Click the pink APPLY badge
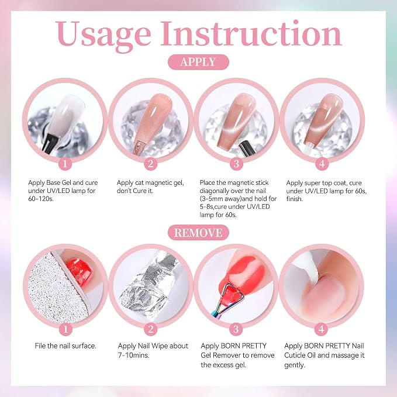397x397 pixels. tap(198, 62)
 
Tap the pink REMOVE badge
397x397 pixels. tap(198, 233)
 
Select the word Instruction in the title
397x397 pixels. tap(251, 33)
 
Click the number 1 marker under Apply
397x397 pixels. tap(65, 164)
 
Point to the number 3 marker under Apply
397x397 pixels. tap(236, 164)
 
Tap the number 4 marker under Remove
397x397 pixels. tap(322, 329)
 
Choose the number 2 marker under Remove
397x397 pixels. tap(151, 329)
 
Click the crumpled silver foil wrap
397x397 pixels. tap(149, 285)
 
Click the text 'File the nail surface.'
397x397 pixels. tap(65, 346)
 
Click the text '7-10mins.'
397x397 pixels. tap(133, 355)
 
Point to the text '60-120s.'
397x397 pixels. tap(41, 199)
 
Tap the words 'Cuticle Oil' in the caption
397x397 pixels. tap(300, 355)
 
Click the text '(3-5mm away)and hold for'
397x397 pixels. tap(238, 199)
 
